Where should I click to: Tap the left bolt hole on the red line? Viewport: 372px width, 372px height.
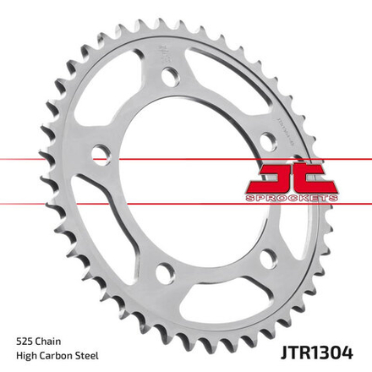101,156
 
